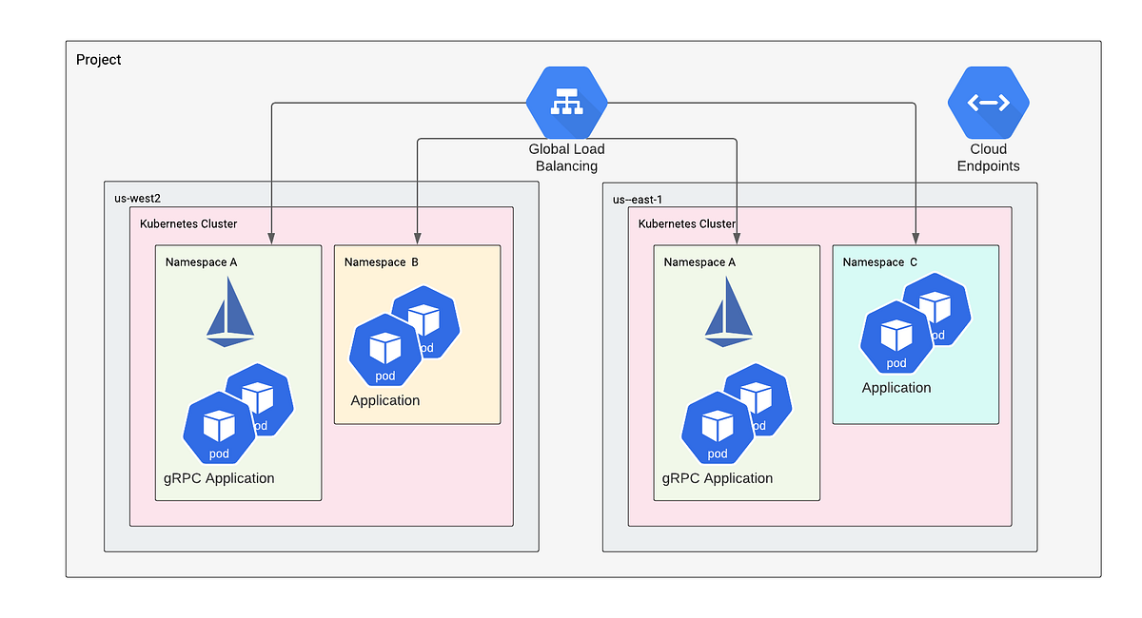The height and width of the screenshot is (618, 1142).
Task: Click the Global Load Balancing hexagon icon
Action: coord(566,103)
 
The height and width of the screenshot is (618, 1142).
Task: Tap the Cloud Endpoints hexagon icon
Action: coord(988,103)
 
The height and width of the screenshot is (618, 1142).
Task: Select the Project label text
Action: coord(99,60)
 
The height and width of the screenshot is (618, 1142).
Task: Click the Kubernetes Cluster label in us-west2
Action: coord(188,223)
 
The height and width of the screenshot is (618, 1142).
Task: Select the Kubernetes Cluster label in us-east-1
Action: coord(687,223)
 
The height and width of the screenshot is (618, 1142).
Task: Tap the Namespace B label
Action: coord(381,261)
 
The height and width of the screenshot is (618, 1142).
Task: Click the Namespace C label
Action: coord(880,261)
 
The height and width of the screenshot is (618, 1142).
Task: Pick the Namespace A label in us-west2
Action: coord(201,261)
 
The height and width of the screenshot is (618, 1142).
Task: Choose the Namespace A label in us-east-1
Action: coord(699,261)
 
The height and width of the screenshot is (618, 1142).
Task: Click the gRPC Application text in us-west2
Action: coord(219,478)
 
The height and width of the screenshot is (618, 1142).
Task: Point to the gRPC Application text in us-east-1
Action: coord(718,478)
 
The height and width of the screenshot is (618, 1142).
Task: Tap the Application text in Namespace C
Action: coord(896,388)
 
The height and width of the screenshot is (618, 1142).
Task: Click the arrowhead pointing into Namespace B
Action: coord(418,239)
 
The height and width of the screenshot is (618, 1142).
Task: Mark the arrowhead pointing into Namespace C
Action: coord(916,239)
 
